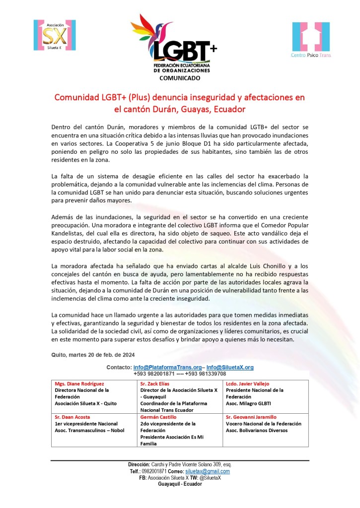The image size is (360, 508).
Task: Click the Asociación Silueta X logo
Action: pos(55,36)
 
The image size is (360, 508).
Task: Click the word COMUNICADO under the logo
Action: pos(180,78)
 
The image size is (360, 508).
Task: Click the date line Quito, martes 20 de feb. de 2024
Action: pos(92,354)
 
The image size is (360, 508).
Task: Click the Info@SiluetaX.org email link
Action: pos(230,367)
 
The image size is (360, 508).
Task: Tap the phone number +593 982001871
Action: pos(153,374)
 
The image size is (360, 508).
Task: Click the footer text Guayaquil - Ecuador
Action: pos(180,484)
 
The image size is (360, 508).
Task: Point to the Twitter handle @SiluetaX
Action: pos(210,478)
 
